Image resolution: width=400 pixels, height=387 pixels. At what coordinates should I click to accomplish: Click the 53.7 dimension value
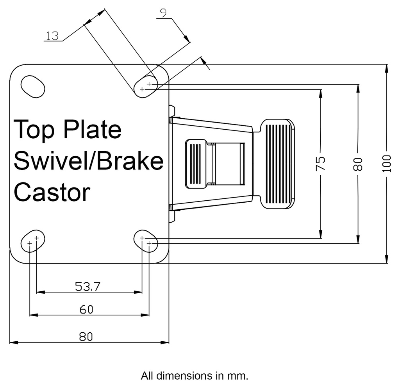[88, 287]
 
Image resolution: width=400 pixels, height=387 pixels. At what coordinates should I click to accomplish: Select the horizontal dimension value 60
[86, 310]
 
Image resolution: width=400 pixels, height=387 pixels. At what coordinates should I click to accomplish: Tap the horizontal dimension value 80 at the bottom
[86, 337]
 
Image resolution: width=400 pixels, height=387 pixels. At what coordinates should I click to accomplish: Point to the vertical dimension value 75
[320, 164]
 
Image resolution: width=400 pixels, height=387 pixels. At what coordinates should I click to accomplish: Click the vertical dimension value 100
[386, 164]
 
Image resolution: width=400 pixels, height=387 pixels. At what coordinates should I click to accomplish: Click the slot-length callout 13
[52, 36]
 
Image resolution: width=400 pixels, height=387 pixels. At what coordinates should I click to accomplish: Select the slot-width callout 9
[163, 13]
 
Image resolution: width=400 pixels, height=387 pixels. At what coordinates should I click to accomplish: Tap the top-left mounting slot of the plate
[32, 86]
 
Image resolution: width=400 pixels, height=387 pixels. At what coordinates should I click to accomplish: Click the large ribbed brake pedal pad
[278, 164]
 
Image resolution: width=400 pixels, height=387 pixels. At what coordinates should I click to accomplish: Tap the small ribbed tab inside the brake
[195, 164]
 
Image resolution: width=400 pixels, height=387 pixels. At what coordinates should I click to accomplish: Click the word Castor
[52, 192]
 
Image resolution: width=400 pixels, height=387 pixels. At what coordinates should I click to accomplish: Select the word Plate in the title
[92, 130]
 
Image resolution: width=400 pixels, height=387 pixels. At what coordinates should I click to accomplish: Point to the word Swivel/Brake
[88, 161]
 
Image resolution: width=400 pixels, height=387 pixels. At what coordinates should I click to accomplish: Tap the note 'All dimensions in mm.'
[195, 376]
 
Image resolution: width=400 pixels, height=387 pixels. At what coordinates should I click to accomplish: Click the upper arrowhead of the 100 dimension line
[386, 69]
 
